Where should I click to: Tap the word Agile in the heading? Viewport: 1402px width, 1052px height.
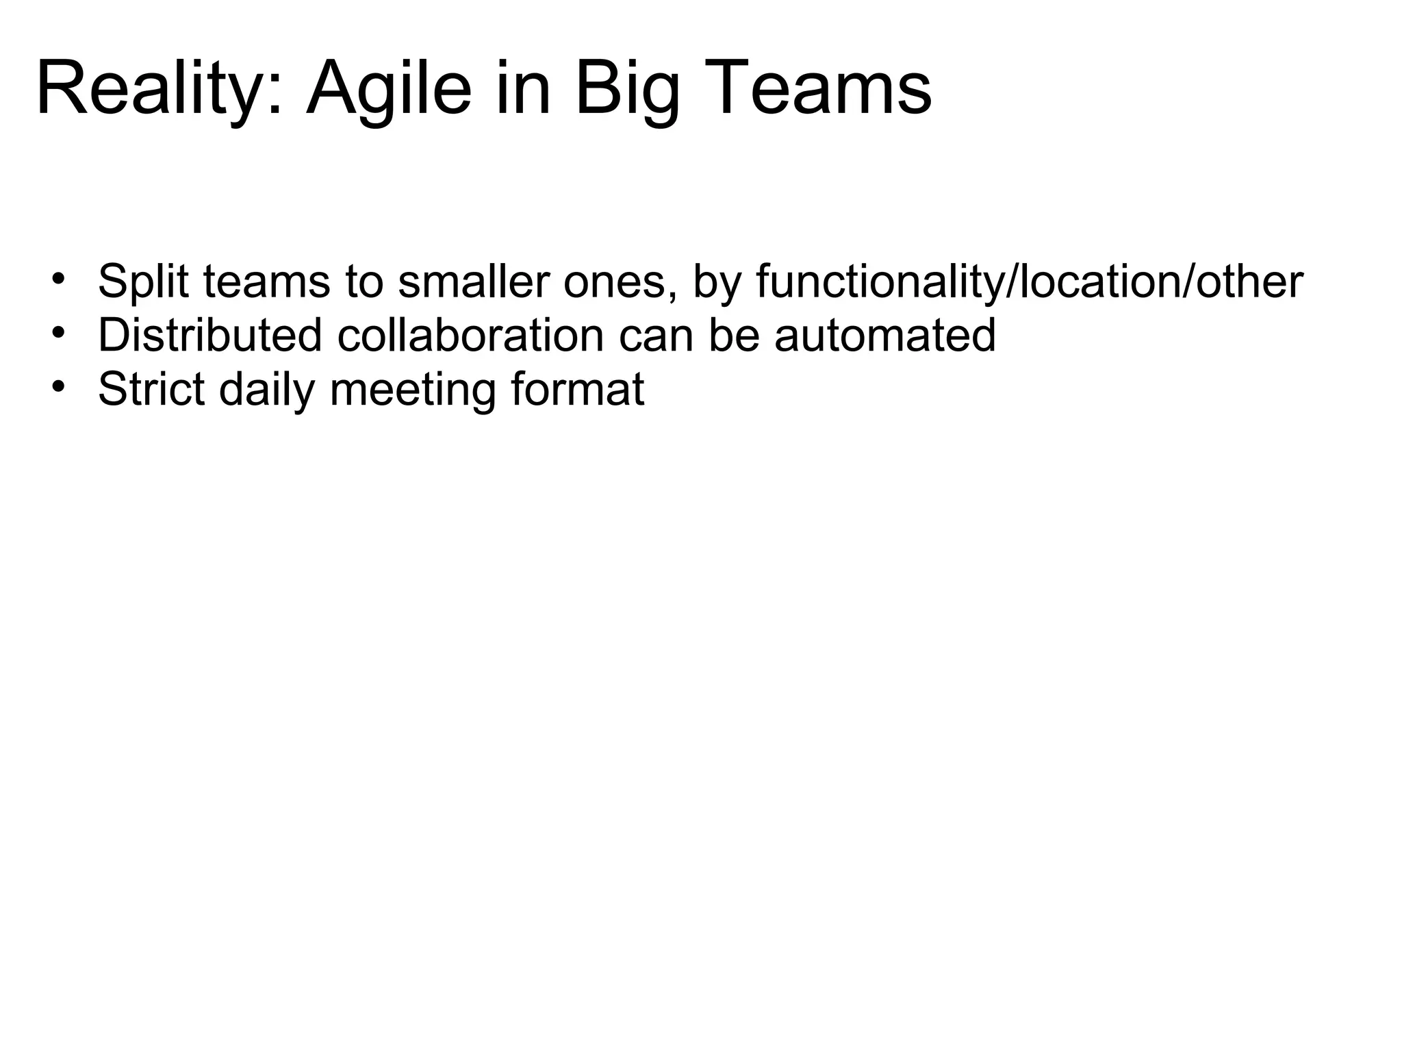389,89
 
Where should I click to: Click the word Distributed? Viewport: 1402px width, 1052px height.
209,335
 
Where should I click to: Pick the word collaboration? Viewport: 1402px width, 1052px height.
470,335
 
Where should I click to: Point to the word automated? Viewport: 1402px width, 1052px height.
884,335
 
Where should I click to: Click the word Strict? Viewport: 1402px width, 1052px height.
151,389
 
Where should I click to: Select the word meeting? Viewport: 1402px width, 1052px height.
412,389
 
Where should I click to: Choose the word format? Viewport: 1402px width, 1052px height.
577,389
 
